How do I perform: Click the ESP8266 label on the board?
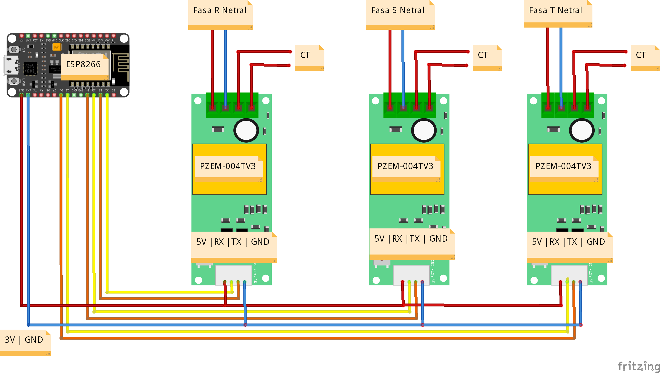[83, 64]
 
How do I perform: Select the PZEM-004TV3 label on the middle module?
[406, 166]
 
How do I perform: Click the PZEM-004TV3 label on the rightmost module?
[563, 166]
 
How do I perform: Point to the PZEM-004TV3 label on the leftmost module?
[228, 166]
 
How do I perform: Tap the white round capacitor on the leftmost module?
[246, 130]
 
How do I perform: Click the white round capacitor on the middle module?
[424, 130]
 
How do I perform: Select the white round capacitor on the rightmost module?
[582, 130]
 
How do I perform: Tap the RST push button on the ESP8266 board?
[14, 49]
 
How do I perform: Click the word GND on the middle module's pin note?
[438, 239]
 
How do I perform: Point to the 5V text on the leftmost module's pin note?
[201, 242]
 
